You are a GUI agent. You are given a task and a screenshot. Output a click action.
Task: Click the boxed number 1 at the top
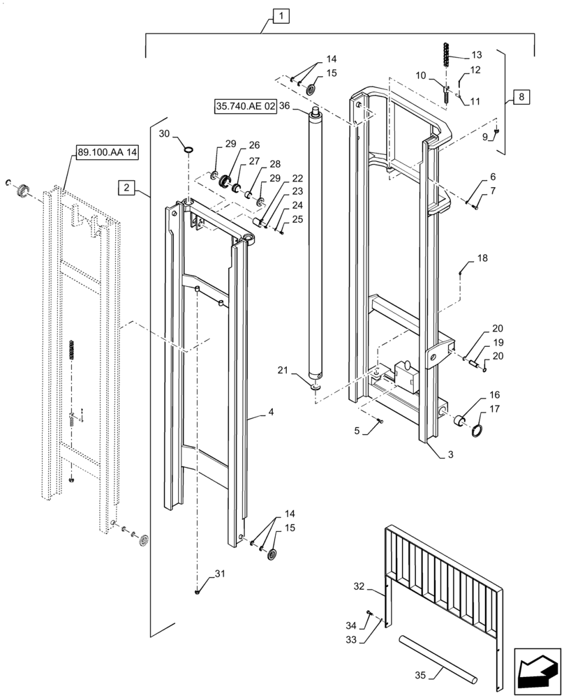click(x=278, y=15)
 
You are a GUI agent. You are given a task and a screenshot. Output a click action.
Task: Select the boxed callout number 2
click(x=126, y=187)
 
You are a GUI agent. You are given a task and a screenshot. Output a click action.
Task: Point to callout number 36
click(x=283, y=107)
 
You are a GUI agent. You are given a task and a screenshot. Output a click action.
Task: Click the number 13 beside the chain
click(x=476, y=54)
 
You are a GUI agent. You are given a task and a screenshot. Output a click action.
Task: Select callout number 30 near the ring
click(x=163, y=133)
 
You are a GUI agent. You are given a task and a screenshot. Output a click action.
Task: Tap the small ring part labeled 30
click(x=188, y=148)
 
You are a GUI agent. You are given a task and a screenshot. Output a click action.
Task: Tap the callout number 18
click(x=482, y=258)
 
